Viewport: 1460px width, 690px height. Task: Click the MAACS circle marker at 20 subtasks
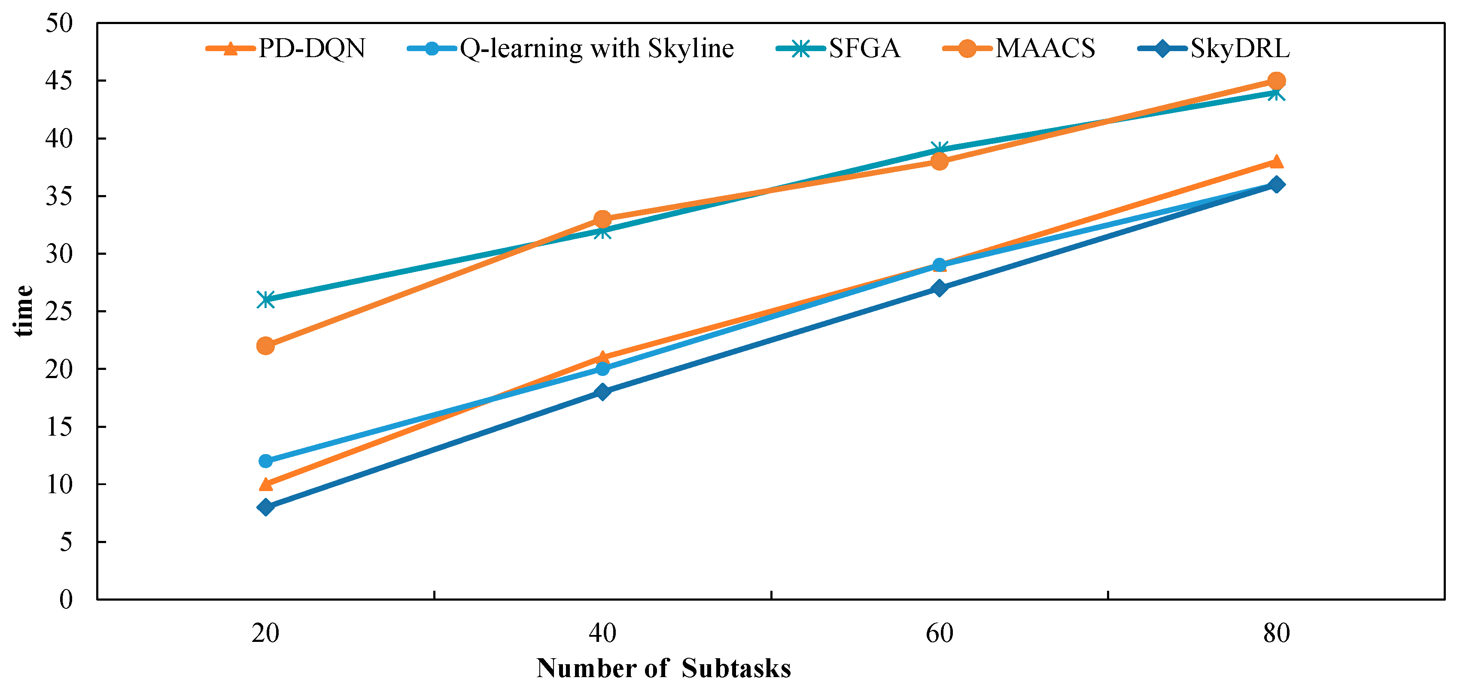(x=266, y=345)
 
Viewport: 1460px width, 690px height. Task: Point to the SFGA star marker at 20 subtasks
(x=266, y=299)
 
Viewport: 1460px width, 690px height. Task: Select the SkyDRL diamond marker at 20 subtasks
(x=266, y=507)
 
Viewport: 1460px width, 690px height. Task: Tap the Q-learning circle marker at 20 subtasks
(x=266, y=461)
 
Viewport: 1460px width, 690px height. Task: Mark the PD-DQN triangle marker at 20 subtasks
(x=266, y=484)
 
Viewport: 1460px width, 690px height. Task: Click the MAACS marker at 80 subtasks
(x=1276, y=80)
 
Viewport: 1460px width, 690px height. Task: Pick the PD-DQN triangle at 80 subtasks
(x=1276, y=162)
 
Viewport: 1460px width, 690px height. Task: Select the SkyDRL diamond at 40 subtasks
(x=602, y=392)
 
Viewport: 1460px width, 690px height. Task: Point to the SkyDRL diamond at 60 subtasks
(x=939, y=288)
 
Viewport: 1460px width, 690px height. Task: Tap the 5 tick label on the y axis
(x=66, y=542)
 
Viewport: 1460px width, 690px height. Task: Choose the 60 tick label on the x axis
(x=939, y=633)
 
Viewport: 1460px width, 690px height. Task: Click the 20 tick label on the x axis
(x=265, y=633)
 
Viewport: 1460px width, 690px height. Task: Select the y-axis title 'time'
(x=23, y=311)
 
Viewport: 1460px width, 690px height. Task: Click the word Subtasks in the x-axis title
(x=736, y=669)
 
